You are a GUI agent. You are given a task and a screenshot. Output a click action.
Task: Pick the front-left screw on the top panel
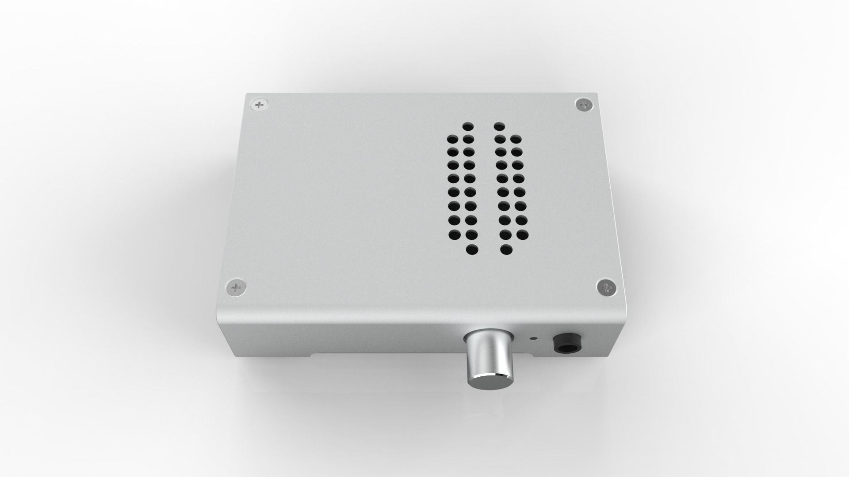pos(237,288)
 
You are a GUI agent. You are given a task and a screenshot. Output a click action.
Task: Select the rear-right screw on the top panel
pos(585,105)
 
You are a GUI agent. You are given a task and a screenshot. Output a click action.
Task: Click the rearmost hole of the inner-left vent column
pos(468,127)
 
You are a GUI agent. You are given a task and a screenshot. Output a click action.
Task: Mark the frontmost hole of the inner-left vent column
pos(472,250)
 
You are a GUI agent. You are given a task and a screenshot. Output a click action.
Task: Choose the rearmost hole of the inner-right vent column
pos(499,126)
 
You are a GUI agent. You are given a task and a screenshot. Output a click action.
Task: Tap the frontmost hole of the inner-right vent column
pos(506,250)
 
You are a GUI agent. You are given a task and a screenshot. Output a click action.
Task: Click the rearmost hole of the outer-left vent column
pos(452,140)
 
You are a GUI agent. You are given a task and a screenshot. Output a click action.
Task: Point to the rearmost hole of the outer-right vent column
pos(516,140)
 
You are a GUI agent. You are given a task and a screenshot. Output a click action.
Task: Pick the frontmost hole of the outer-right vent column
pos(522,234)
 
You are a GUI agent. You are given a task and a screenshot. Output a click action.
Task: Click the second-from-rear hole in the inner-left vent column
pos(468,140)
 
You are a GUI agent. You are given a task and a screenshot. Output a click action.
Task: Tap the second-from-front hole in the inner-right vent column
pos(506,234)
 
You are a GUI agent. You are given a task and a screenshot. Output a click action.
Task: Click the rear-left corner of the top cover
pos(246,94)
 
